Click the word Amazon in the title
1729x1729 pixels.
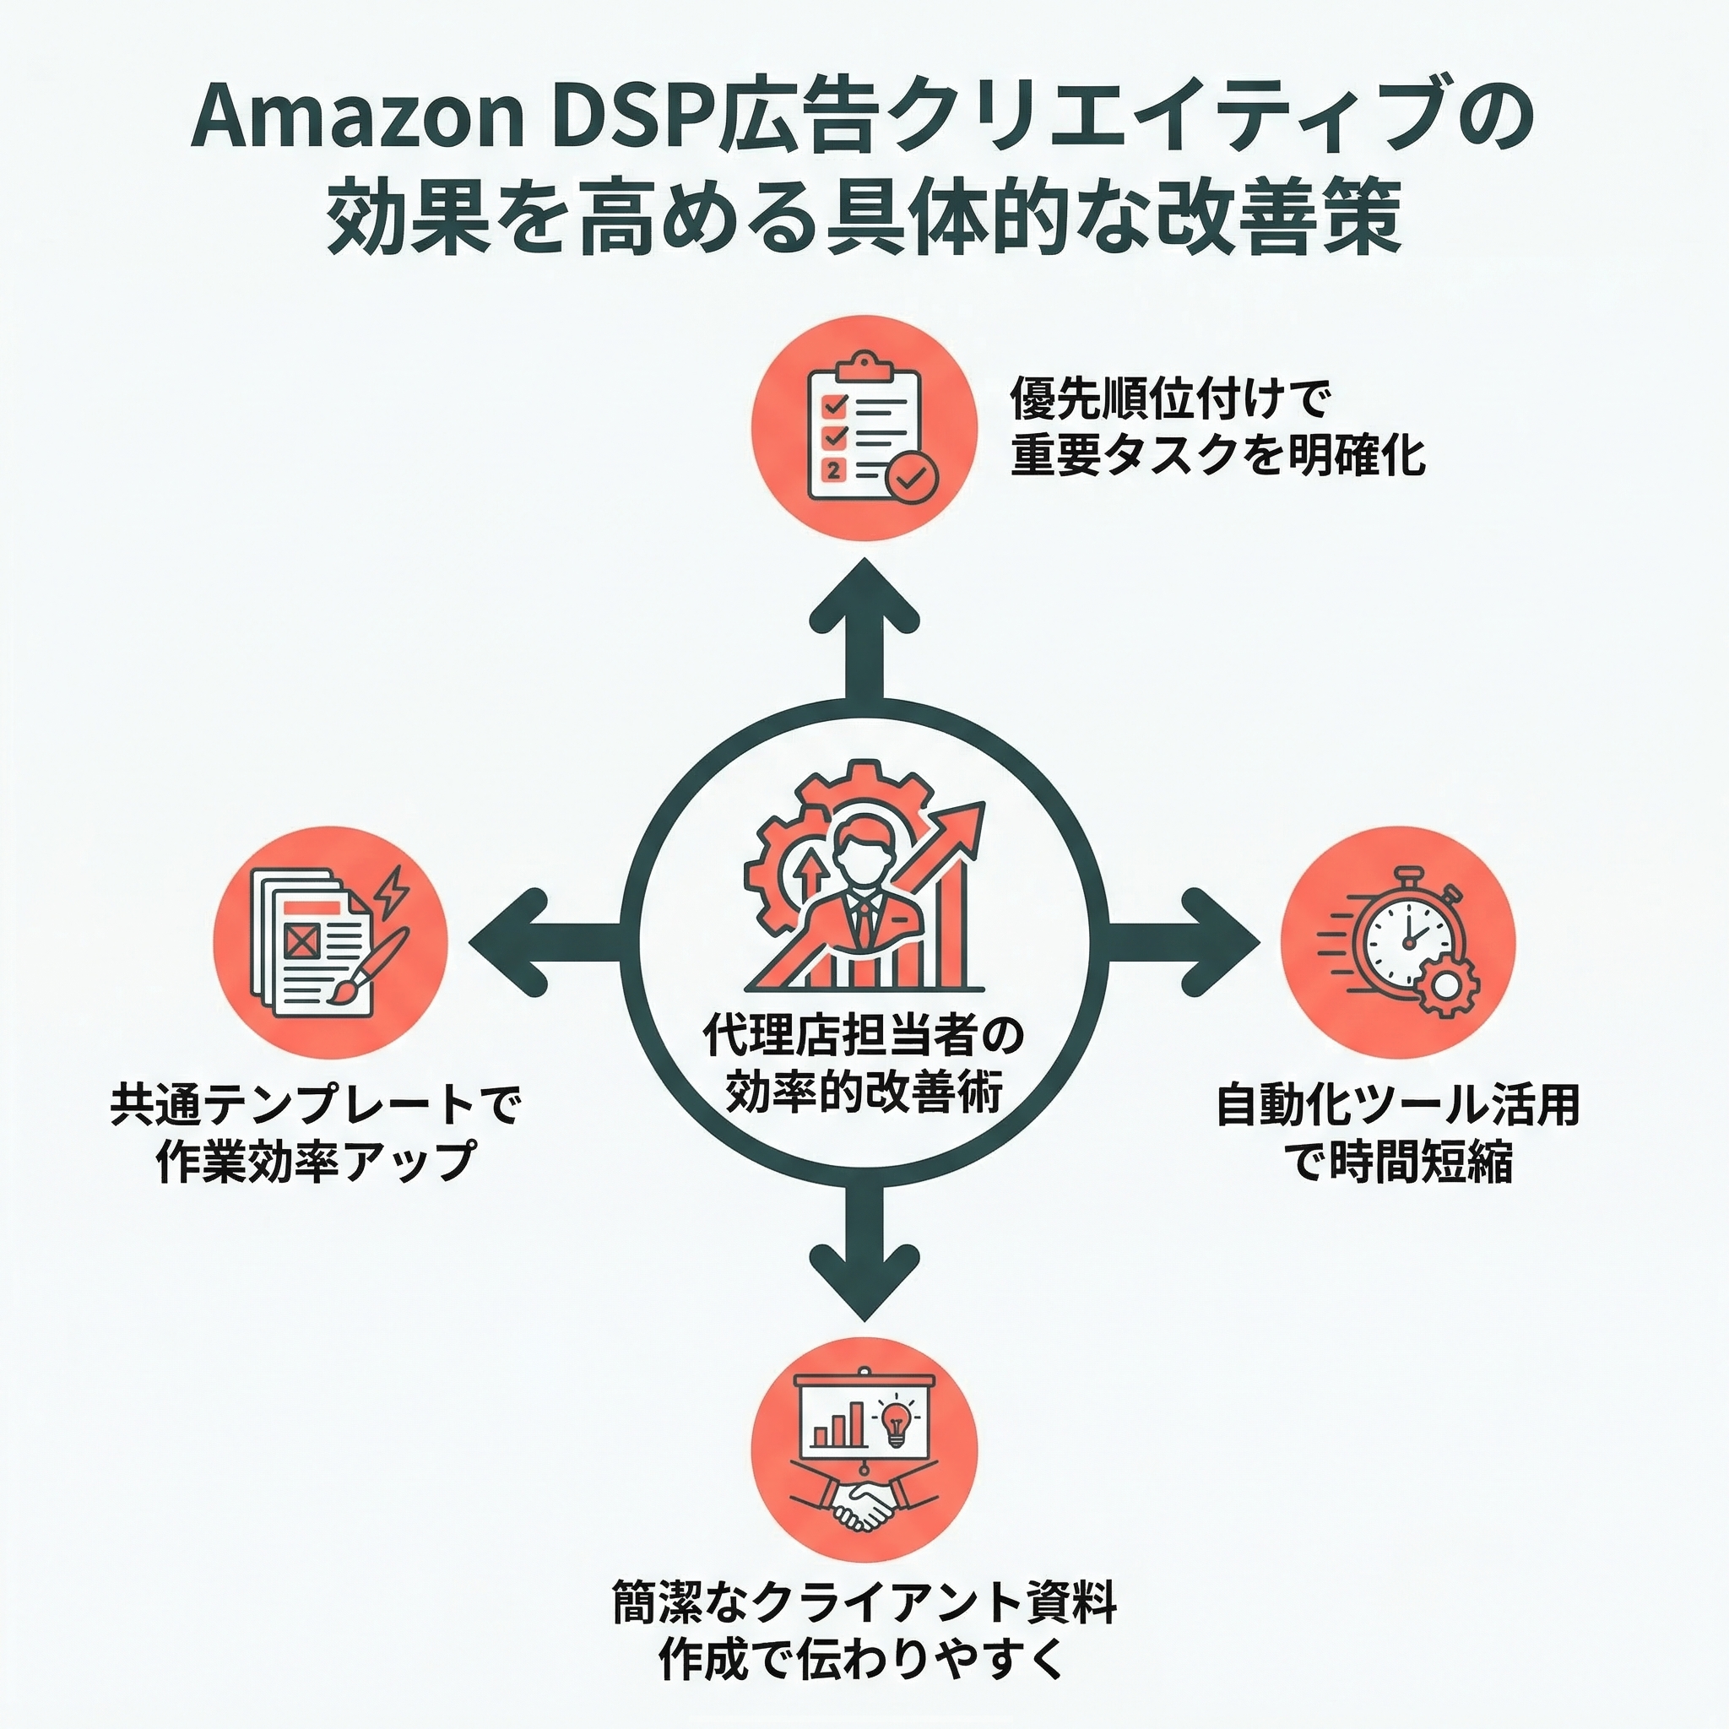tap(356, 121)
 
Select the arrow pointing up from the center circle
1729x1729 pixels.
tap(864, 626)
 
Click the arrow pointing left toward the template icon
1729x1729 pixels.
tap(537, 941)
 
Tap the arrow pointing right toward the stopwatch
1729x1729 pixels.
tap(1190, 941)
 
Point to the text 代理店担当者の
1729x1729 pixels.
tap(863, 1038)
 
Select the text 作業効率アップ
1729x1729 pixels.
tap(315, 1163)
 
